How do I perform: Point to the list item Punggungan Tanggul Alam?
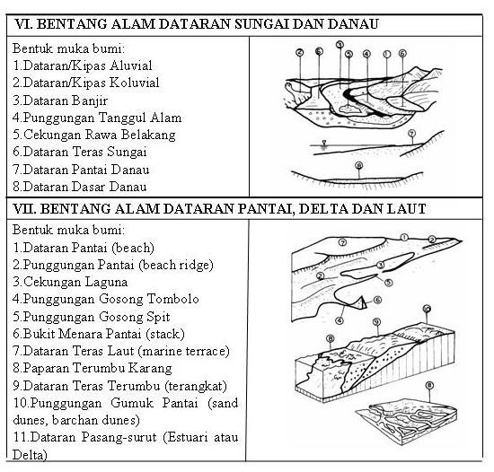97,117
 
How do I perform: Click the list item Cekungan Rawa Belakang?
94,134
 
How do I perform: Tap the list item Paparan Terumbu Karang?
100,368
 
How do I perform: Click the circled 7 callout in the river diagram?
411,134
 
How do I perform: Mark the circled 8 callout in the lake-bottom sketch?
358,166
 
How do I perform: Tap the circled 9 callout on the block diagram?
427,309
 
